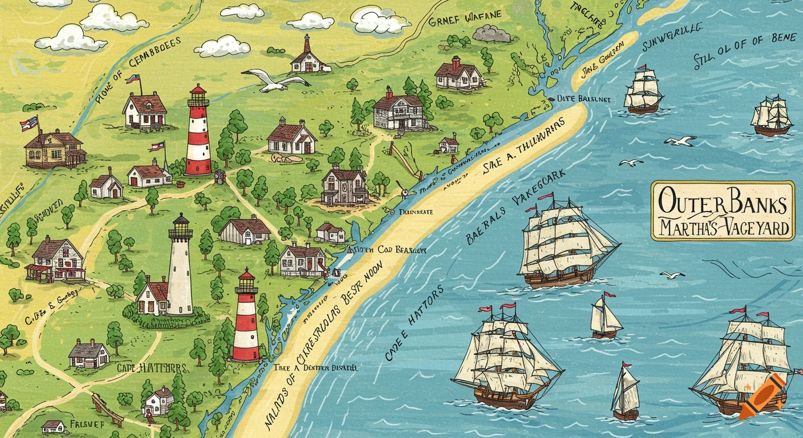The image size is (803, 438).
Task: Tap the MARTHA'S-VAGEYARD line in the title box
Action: pyautogui.click(x=723, y=229)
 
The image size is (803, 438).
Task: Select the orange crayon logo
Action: pyautogui.click(x=761, y=397)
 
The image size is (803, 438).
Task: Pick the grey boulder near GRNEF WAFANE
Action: pyautogui.click(x=492, y=34)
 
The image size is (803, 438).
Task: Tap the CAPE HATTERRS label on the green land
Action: pyautogui.click(x=152, y=368)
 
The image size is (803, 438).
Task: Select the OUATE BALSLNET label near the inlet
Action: pyautogui.click(x=583, y=99)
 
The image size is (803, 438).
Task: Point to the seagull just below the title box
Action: pyautogui.click(x=672, y=275)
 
